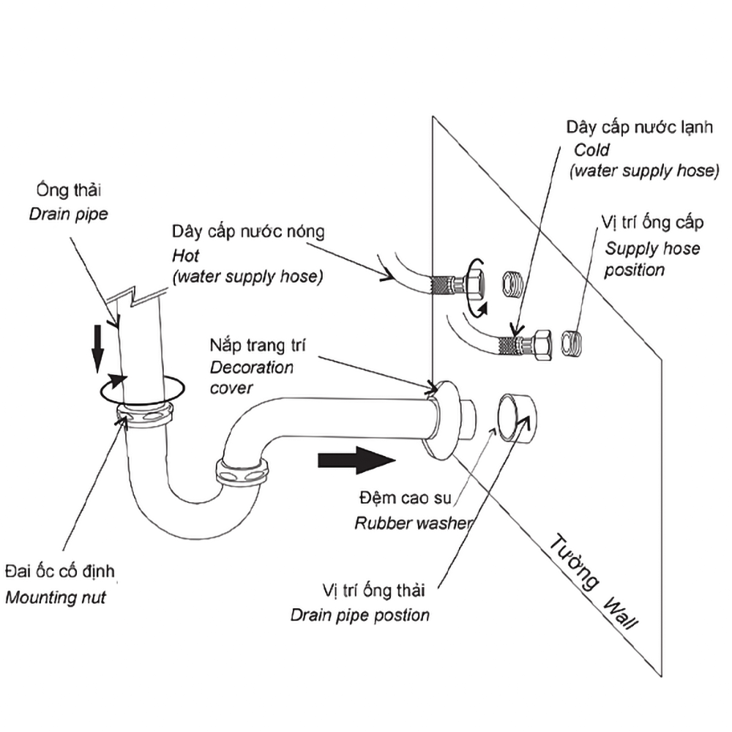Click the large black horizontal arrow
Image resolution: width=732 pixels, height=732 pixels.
356,460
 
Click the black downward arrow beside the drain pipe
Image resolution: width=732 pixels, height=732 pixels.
97,348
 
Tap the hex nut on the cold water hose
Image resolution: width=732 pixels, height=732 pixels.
542,346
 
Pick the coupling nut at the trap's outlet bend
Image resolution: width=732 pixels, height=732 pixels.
242,473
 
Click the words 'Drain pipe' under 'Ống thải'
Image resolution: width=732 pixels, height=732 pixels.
69,214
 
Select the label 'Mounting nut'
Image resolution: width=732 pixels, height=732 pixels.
56,597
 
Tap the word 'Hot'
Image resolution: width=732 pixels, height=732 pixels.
185,255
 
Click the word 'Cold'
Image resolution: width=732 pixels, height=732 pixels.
591,150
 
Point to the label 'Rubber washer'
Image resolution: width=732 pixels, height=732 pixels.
413,523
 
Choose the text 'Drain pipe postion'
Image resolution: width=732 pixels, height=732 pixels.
360,616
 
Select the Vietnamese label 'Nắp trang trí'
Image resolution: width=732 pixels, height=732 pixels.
258,346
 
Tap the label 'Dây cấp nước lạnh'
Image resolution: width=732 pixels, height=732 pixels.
640,127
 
